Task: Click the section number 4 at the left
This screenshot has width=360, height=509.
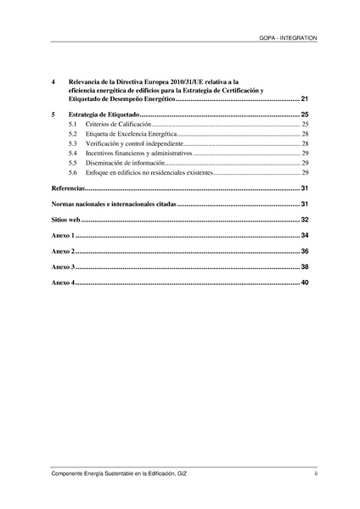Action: tap(53, 81)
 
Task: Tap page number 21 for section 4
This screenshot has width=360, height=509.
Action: tap(304, 100)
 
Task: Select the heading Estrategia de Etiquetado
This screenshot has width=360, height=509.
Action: tap(102, 114)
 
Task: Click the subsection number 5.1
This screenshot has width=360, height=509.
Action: tap(73, 124)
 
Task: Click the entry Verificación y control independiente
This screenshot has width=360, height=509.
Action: tap(135, 143)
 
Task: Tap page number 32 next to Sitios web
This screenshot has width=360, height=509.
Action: tap(304, 219)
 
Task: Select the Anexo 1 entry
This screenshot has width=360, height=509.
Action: tap(64, 235)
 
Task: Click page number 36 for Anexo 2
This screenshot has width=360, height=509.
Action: tap(304, 251)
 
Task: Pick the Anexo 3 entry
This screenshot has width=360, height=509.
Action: tap(64, 266)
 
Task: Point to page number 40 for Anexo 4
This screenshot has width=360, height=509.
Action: tap(304, 282)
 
